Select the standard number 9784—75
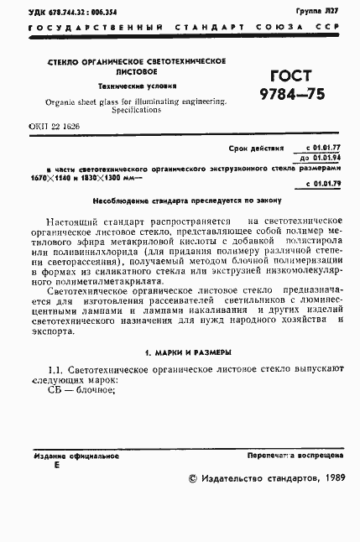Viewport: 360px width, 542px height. (290, 92)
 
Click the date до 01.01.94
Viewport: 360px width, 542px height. (324, 157)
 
